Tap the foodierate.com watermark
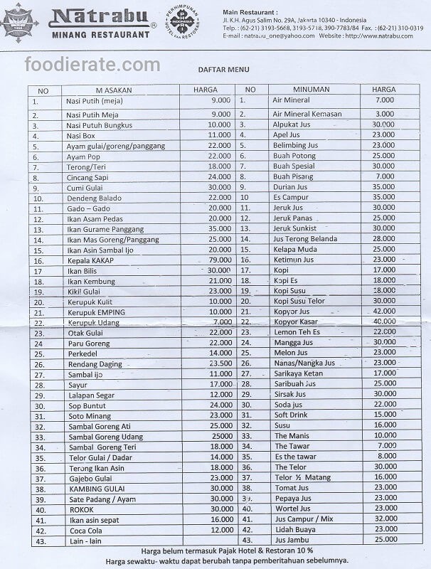pos(92,65)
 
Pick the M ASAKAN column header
pos(115,90)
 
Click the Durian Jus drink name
pos(290,186)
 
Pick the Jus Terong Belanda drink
pos(304,239)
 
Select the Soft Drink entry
pos(290,415)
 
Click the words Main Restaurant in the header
pos(249,13)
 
